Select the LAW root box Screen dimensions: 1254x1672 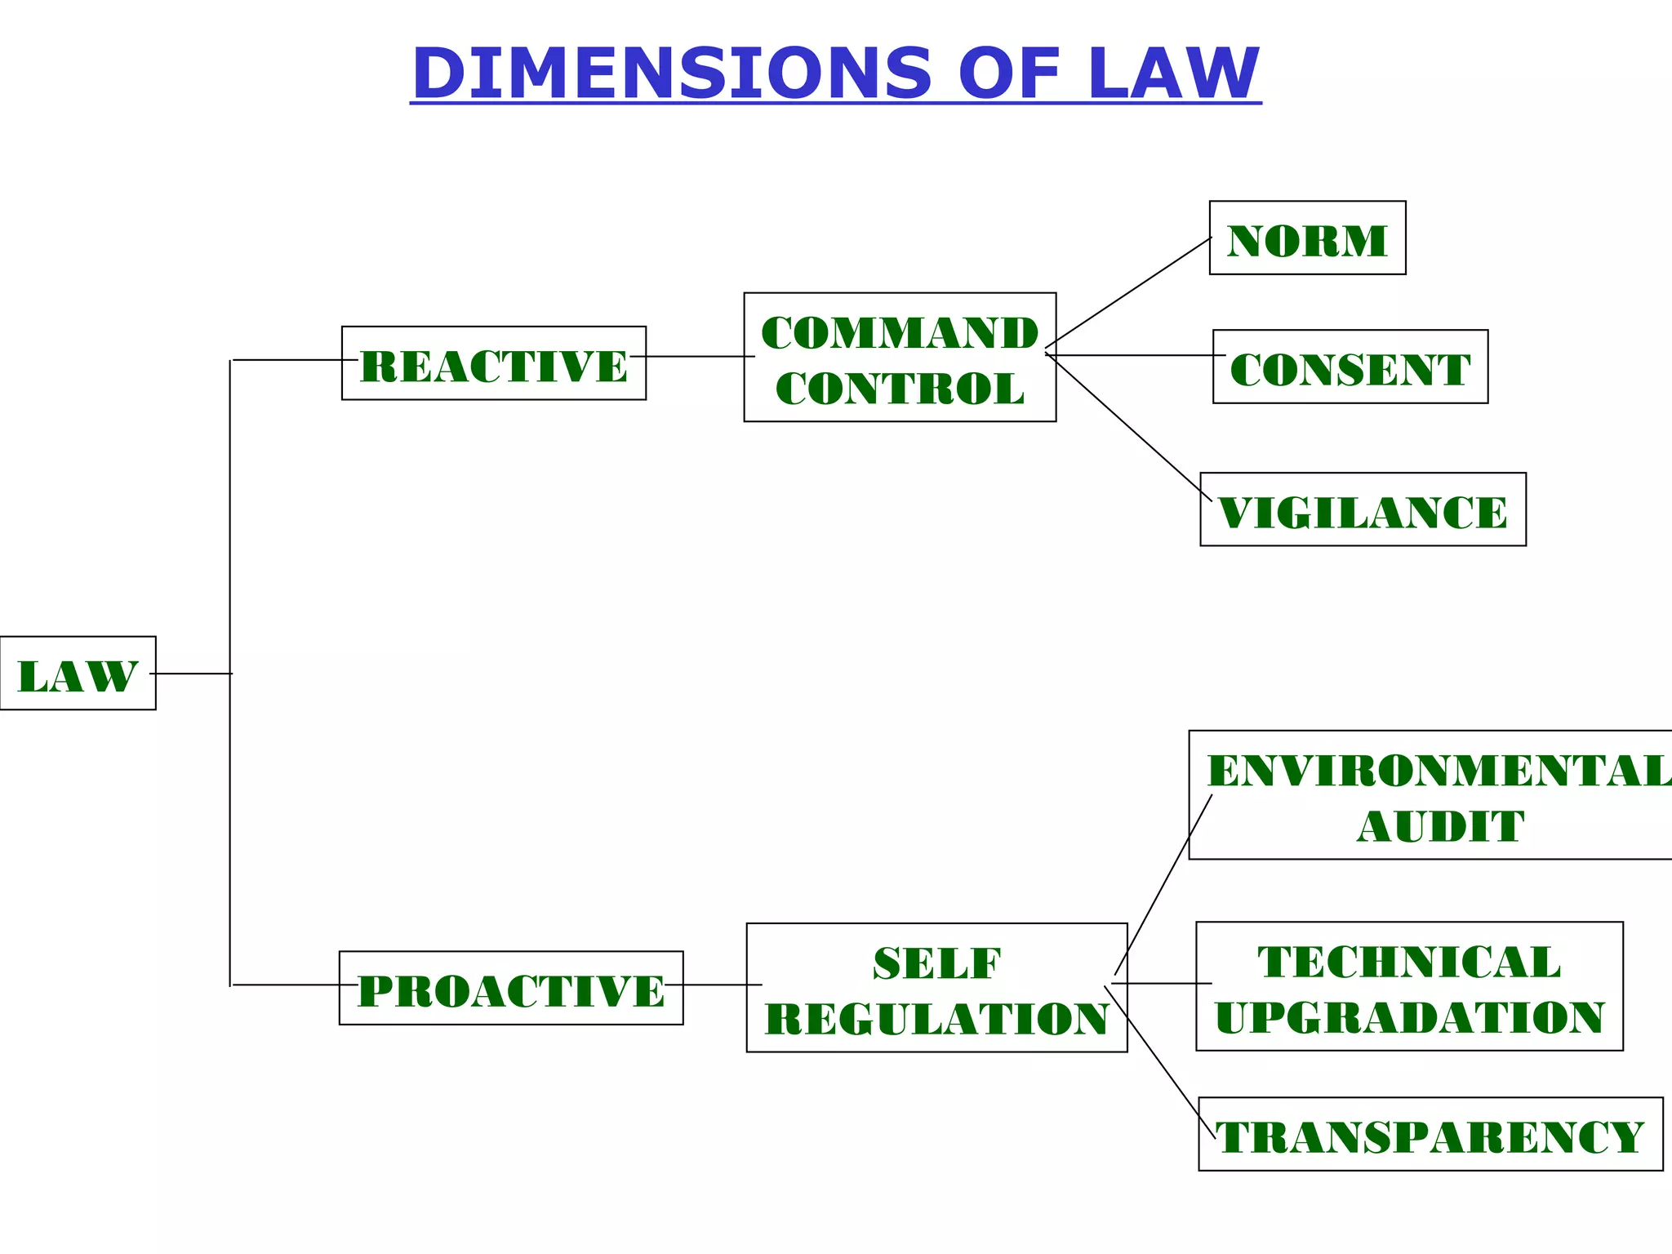point(78,674)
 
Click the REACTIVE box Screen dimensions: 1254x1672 point(493,363)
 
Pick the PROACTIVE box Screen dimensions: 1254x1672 point(511,988)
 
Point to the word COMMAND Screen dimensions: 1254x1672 point(900,333)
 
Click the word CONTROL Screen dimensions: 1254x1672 point(900,389)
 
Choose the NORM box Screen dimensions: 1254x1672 point(1307,238)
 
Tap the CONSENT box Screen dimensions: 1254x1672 point(1350,367)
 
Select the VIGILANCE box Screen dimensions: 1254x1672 point(1363,509)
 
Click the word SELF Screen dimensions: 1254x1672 point(936,963)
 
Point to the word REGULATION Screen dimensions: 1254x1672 point(936,1019)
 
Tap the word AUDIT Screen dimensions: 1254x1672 point(1440,826)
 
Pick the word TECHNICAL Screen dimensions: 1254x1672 point(1409,962)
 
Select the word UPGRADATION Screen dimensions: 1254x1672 point(1409,1017)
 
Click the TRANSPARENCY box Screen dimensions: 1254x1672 point(1430,1135)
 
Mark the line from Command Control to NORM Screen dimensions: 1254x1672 point(1129,292)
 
